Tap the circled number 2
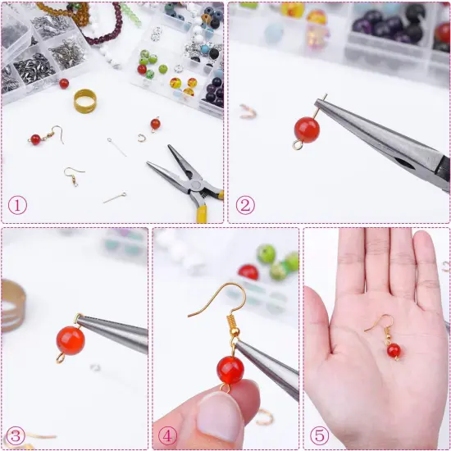pos(245,204)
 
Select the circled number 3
pos(16,434)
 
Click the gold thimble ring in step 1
pos(84,101)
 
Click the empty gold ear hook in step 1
pos(75,174)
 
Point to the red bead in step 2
pos(307,129)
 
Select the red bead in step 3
pos(71,339)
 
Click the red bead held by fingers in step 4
pos(230,369)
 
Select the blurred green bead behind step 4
pos(266,253)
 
